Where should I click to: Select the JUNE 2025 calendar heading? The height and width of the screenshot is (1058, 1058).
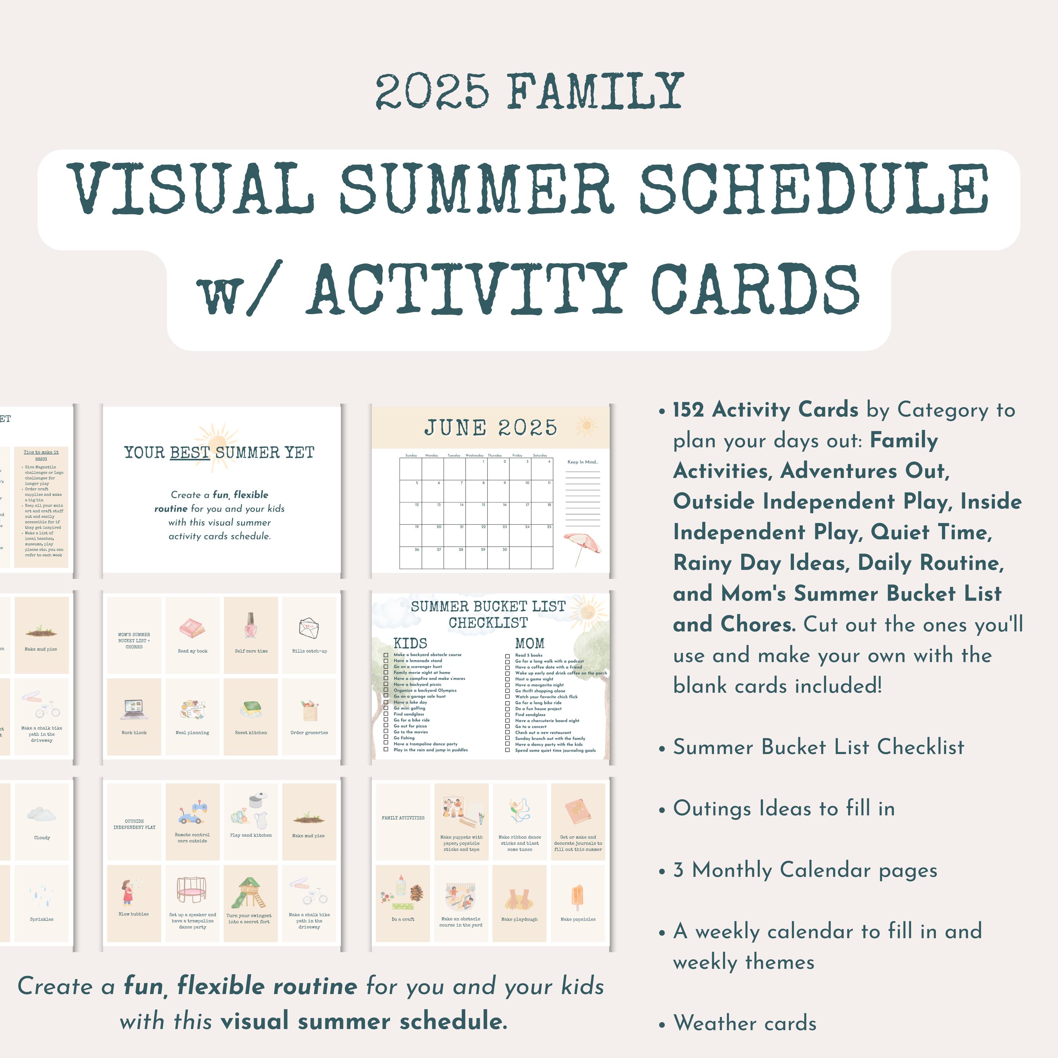tap(490, 428)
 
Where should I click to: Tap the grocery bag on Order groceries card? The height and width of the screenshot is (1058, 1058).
tap(309, 710)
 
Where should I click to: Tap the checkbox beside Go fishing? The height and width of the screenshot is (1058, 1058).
tap(386, 738)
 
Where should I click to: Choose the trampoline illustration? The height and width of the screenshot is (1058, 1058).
tap(192, 890)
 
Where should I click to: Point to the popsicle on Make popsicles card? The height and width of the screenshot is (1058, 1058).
tap(577, 896)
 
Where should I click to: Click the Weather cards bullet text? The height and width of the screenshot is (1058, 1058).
tap(745, 1023)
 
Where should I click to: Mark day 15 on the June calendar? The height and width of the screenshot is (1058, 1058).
tap(483, 505)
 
